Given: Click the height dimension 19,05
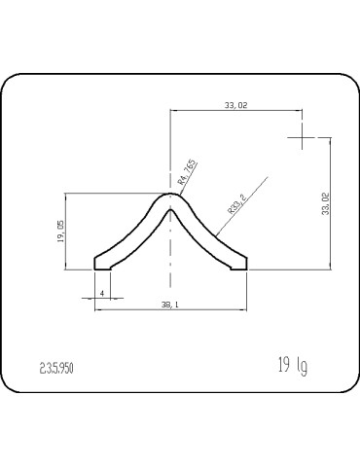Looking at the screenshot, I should pos(60,232).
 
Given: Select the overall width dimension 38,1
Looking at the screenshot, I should pos(169,305).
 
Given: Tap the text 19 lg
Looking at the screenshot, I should pos(291,366).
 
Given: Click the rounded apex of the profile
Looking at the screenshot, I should pos(171,197).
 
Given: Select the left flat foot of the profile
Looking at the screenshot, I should pos(101,263).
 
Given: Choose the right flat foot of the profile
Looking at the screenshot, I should pos(239,263).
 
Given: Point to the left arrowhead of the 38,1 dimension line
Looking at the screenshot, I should pos(97,309).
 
